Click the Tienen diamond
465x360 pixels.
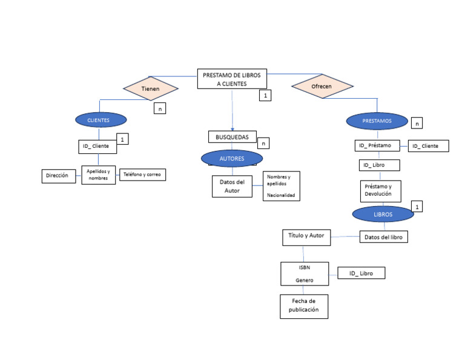pyautogui.click(x=150, y=88)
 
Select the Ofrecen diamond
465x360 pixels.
pyautogui.click(x=321, y=86)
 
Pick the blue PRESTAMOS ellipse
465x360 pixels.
pyautogui.click(x=377, y=121)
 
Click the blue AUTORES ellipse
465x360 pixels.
pyautogui.click(x=232, y=159)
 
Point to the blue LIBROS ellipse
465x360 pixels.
pyautogui.click(x=383, y=214)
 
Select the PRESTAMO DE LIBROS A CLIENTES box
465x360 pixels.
pyautogui.click(x=232, y=79)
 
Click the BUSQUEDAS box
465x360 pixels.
pyautogui.click(x=232, y=137)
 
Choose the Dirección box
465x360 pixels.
pyautogui.click(x=59, y=176)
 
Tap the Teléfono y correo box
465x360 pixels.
pyautogui.click(x=142, y=175)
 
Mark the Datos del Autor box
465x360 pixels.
pyautogui.click(x=232, y=186)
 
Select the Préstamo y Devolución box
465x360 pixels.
pyautogui.click(x=381, y=190)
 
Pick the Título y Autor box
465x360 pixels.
pyautogui.click(x=306, y=236)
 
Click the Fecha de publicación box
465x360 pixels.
pyautogui.click(x=305, y=306)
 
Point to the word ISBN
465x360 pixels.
pyautogui.click(x=305, y=267)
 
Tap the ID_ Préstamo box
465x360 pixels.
pyautogui.click(x=375, y=145)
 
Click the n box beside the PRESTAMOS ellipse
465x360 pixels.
pyautogui.click(x=417, y=123)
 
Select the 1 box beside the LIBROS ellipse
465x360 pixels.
pyautogui.click(x=417, y=207)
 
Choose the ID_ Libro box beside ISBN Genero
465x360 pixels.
pyautogui.click(x=361, y=273)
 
